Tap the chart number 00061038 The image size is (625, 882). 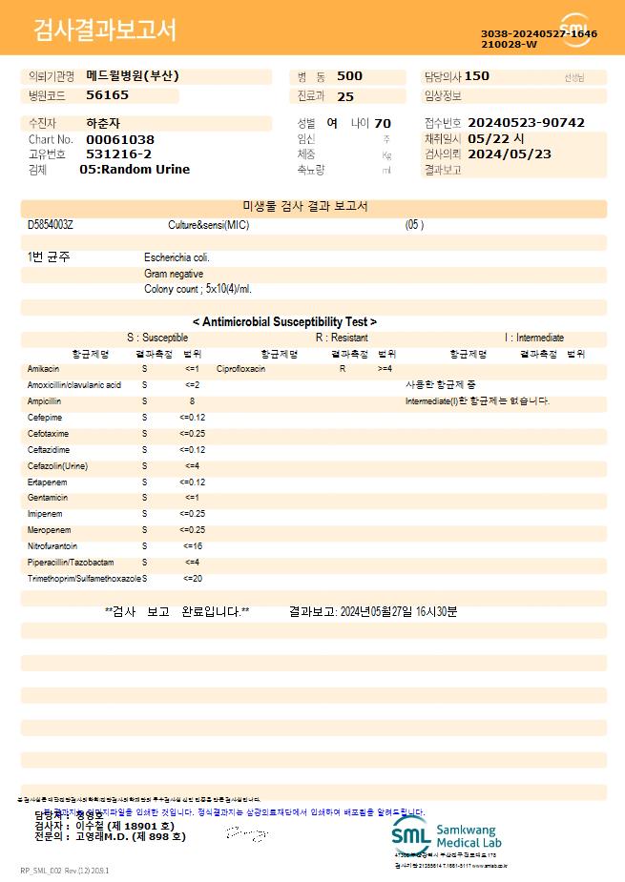tap(120, 139)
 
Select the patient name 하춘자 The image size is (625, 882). tap(103, 123)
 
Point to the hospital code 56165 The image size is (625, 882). tap(107, 95)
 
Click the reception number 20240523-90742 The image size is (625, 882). tap(526, 123)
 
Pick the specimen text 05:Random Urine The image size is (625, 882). tap(135, 169)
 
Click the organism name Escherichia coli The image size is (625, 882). tap(177, 257)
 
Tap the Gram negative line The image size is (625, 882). tap(174, 274)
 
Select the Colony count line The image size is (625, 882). tap(198, 289)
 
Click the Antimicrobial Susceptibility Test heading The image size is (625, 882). tap(284, 322)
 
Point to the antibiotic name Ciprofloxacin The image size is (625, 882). tap(240, 368)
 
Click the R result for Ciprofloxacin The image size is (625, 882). tap(343, 368)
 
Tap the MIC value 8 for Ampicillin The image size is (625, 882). tap(192, 400)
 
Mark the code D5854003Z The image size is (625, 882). tap(50, 225)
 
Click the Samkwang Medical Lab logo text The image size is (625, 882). tap(468, 836)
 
